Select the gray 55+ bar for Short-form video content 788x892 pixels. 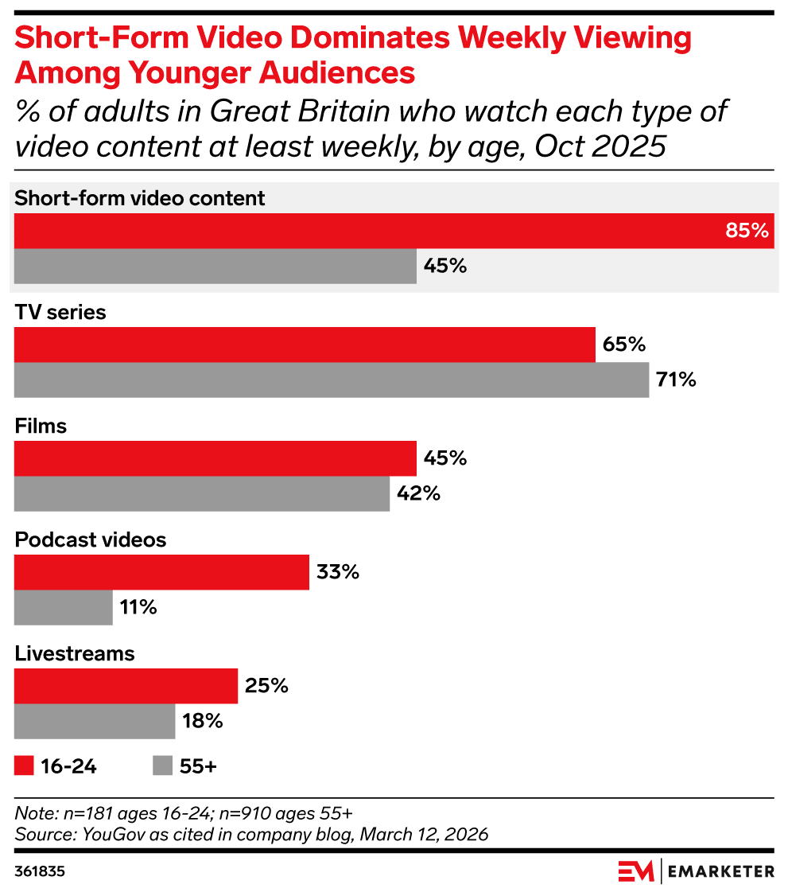[x=215, y=266]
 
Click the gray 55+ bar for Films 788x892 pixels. [x=202, y=493]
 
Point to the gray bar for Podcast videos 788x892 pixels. [x=64, y=608]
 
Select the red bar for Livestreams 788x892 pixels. [x=126, y=686]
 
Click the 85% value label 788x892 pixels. [x=747, y=231]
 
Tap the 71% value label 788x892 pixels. [x=676, y=380]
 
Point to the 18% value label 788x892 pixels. [x=202, y=722]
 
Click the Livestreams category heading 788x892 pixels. [x=75, y=653]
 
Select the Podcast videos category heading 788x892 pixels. [x=91, y=539]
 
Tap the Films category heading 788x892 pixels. [x=41, y=426]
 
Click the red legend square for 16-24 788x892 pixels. [x=25, y=765]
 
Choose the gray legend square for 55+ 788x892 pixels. [x=162, y=765]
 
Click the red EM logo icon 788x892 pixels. [x=635, y=871]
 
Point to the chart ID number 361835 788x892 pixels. [x=40, y=871]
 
